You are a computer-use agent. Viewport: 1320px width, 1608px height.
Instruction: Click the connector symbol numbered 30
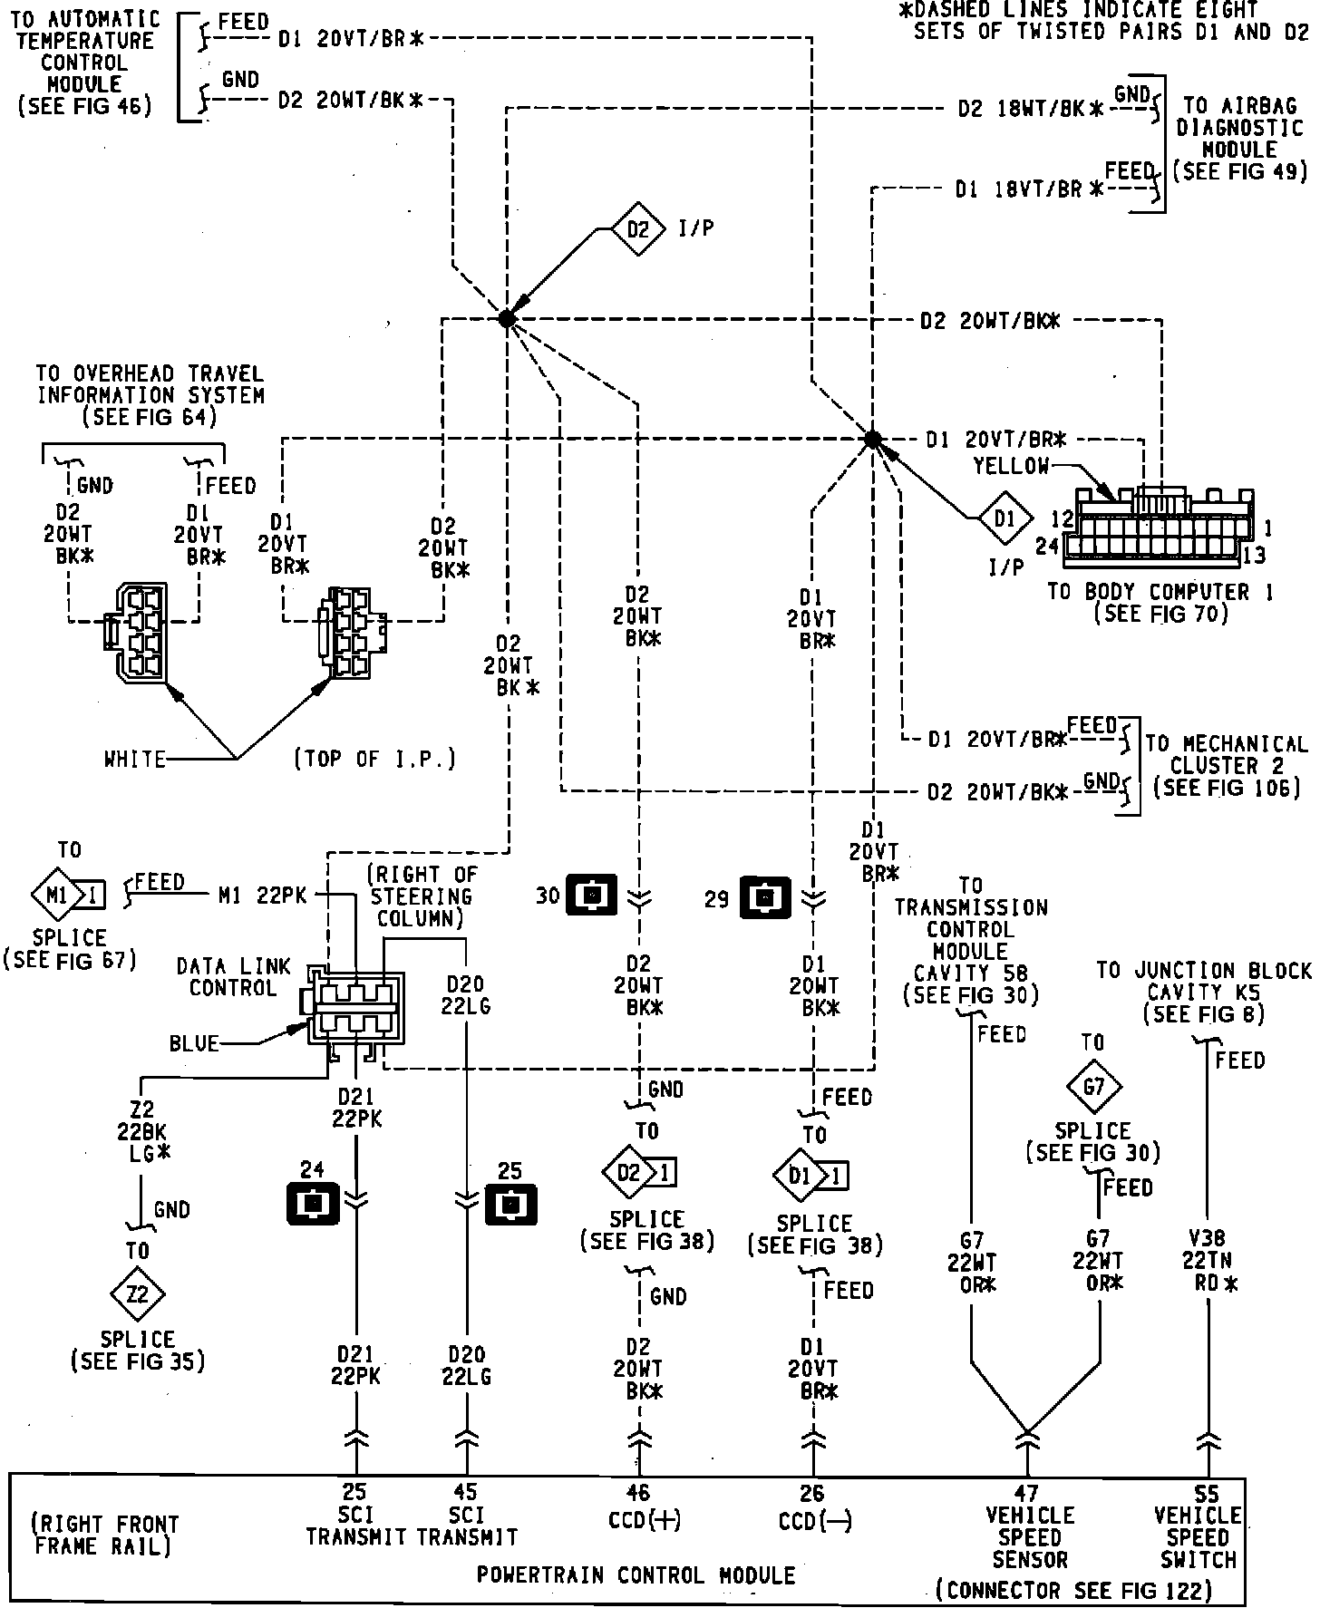[591, 896]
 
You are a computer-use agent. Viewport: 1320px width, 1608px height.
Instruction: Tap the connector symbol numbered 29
[766, 897]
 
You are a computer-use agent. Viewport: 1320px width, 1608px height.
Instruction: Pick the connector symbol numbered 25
[510, 1205]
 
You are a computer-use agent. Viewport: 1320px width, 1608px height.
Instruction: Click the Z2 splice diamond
[137, 1293]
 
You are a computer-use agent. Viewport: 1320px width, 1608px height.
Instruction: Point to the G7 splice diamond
[1093, 1085]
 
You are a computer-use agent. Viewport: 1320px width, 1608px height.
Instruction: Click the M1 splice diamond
[56, 896]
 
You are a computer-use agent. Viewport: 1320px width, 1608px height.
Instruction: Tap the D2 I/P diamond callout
[639, 229]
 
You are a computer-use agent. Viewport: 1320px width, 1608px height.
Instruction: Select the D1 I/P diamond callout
[1005, 519]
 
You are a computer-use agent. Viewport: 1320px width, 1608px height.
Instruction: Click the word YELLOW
[1011, 466]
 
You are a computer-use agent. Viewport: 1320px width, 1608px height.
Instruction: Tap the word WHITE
[135, 759]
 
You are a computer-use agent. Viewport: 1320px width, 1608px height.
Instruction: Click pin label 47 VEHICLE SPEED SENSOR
[1029, 1526]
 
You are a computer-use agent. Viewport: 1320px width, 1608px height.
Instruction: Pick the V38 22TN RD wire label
[1207, 1261]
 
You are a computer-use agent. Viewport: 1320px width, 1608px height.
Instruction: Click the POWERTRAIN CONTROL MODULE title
[636, 1574]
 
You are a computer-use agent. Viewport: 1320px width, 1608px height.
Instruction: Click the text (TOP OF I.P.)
[374, 759]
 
